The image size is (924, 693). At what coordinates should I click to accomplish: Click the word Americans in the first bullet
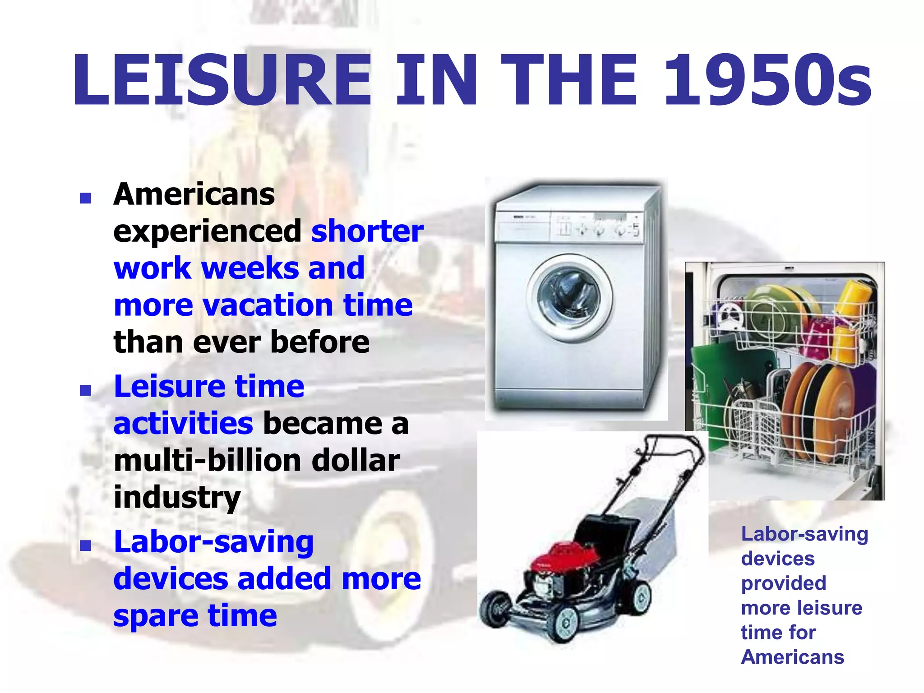click(194, 194)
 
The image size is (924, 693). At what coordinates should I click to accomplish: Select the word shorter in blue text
click(367, 231)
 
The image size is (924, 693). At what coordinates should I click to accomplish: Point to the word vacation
click(268, 305)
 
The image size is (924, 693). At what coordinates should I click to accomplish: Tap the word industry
click(177, 498)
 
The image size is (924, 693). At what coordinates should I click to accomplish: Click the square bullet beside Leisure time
click(85, 390)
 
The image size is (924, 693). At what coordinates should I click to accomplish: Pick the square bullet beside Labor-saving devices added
click(85, 545)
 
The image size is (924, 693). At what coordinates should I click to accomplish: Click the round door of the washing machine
click(569, 297)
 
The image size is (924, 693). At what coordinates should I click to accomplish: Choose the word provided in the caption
click(784, 583)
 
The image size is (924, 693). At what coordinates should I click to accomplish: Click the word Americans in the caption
click(792, 657)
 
